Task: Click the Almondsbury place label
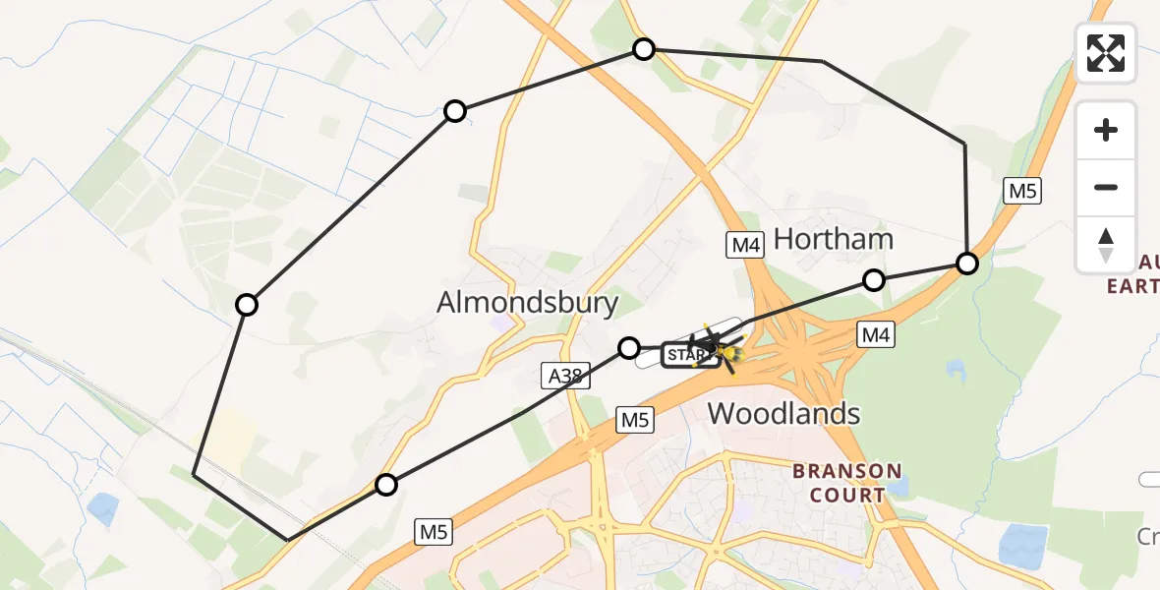pos(528,302)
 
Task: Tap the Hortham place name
pos(833,239)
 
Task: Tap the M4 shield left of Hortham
pos(745,245)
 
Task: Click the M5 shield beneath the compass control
pos(1021,191)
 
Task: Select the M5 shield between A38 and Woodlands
pos(634,420)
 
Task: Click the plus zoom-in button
pos(1106,130)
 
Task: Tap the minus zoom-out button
pos(1106,188)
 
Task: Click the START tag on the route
pos(684,354)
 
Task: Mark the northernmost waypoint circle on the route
pos(644,49)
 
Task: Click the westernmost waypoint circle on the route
pos(247,305)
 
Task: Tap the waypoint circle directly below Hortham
pos(873,280)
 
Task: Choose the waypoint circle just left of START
pos(629,346)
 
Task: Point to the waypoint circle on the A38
pos(386,485)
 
